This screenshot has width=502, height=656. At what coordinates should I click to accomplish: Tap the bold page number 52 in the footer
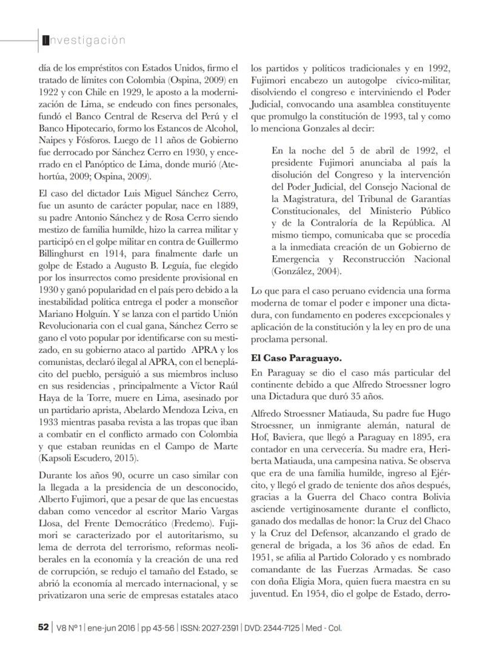[42, 628]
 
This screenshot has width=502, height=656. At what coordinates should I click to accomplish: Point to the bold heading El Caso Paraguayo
[289, 358]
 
